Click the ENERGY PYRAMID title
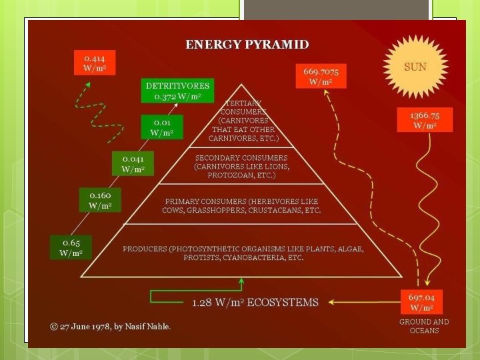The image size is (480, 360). [x=247, y=45]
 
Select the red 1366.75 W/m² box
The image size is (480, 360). [x=425, y=120]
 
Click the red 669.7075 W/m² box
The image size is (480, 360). [x=321, y=75]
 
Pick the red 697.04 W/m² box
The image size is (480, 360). [x=422, y=302]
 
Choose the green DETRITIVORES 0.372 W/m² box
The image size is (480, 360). [x=177, y=91]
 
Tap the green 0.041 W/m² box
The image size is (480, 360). [x=133, y=163]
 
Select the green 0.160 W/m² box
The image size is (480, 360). [x=100, y=200]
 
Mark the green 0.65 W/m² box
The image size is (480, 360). [x=71, y=247]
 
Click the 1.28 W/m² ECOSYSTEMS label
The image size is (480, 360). [x=255, y=303]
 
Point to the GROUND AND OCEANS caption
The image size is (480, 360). [x=424, y=326]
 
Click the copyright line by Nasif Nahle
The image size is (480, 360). [x=111, y=326]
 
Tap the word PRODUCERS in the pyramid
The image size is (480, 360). [x=145, y=249]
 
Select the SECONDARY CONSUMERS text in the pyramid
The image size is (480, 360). [x=241, y=158]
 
